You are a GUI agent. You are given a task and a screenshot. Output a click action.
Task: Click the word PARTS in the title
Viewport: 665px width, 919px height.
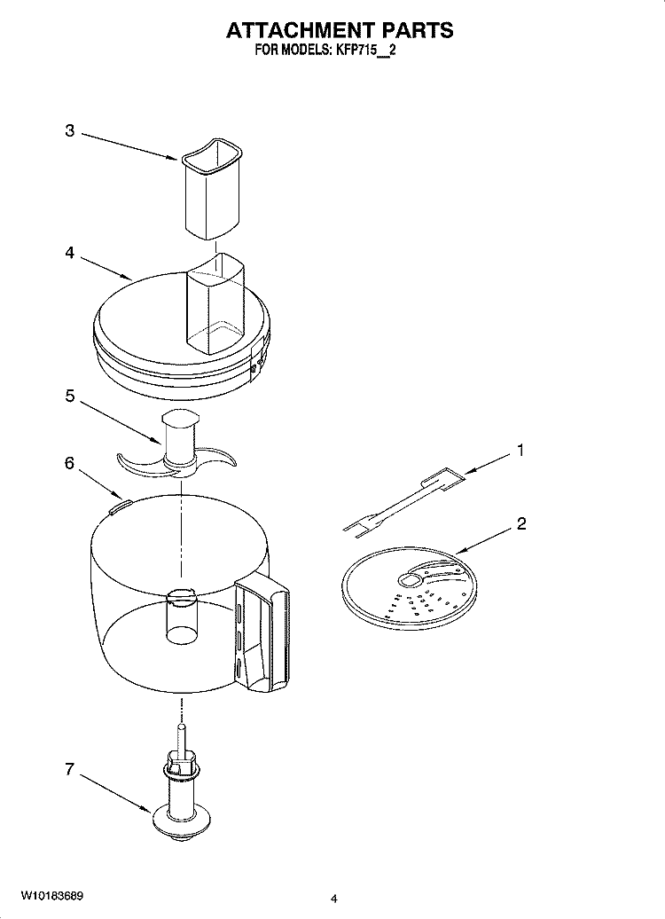click(417, 30)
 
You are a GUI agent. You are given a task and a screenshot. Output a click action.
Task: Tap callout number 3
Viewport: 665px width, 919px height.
click(69, 131)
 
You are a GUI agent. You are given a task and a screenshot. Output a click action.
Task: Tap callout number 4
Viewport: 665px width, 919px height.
click(69, 253)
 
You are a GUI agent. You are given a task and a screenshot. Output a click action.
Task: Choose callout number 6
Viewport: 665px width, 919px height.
click(69, 463)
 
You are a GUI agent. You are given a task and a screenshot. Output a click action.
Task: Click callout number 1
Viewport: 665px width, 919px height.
click(520, 451)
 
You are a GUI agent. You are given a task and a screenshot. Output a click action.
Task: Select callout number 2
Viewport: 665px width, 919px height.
click(521, 523)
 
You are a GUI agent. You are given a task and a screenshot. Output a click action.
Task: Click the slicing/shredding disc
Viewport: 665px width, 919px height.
click(408, 590)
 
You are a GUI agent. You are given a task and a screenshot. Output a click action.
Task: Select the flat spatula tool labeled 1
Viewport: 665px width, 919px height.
click(399, 506)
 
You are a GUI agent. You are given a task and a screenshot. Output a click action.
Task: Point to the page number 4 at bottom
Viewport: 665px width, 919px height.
click(333, 899)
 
